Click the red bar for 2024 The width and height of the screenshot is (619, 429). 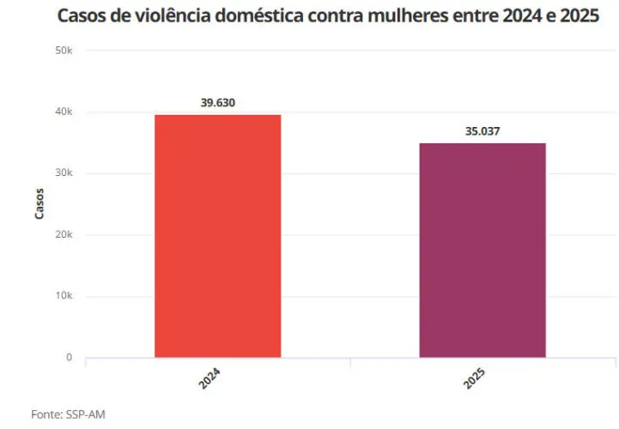point(217,236)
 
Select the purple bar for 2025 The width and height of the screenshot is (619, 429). point(482,250)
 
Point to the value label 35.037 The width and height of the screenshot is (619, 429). point(482,131)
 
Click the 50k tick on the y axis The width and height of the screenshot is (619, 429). point(64,51)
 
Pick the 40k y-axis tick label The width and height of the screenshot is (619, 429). point(64,112)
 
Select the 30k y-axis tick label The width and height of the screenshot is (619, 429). point(64,173)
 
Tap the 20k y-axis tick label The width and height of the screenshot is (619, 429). point(64,235)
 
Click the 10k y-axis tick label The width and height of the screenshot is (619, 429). point(64,296)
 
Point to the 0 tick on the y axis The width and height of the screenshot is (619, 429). point(69,358)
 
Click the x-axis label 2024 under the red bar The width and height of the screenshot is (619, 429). point(209,379)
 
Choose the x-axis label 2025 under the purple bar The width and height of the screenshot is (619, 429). point(474,379)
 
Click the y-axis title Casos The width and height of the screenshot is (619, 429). point(39,204)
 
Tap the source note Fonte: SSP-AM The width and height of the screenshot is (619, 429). point(68,414)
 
